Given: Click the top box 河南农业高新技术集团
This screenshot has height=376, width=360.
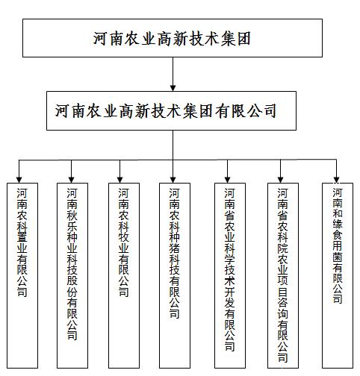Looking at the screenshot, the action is pos(173,38).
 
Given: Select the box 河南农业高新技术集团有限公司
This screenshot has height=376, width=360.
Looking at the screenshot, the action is pos(171,110).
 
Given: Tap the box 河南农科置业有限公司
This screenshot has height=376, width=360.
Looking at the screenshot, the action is pos(22,275).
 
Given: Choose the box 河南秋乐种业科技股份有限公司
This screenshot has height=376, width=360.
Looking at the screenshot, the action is pos(72,275).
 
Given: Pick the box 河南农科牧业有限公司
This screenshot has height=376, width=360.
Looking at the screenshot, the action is pos(124,275).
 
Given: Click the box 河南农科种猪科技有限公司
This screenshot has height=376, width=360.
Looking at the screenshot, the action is pos(175,275).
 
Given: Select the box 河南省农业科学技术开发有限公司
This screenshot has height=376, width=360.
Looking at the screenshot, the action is pos(230,275).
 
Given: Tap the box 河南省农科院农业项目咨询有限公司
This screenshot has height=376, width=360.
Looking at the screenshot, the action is pos(283,275).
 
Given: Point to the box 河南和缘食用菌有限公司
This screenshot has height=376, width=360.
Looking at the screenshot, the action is pos(338,275).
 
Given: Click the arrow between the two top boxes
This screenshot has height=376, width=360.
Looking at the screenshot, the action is pos(173,74).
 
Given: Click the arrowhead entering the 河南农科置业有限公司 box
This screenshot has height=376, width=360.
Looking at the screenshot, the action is pos(19,180).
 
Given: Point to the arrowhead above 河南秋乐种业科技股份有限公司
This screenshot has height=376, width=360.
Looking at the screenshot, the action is pos(72,180).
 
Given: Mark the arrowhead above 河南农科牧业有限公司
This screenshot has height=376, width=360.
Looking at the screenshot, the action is pos(120,180).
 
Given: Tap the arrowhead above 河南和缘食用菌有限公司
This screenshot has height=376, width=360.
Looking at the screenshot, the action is pos(337,180).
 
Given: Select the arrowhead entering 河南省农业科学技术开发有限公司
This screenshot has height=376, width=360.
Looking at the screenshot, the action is pos(227,180).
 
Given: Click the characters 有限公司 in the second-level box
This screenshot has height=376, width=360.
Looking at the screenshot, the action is pos(246,111).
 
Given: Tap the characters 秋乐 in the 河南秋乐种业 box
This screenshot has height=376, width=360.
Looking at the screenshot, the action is pos(72,221).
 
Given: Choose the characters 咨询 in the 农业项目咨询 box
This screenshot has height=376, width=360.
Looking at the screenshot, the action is pos(283,309).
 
